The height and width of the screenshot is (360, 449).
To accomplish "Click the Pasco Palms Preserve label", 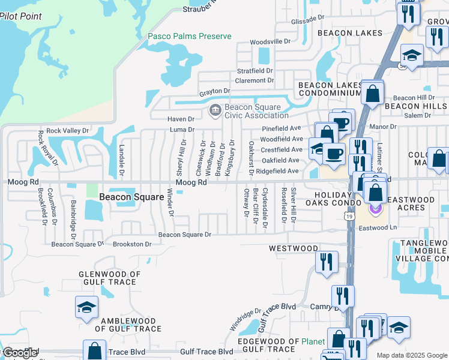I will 190,36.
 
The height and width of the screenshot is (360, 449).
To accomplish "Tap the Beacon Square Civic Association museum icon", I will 214,110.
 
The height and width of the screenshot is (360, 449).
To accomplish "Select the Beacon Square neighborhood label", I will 131,197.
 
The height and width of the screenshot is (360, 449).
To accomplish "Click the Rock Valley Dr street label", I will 67,130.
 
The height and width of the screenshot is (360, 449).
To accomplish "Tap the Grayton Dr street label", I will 215,92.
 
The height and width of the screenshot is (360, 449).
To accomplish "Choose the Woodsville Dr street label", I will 270,42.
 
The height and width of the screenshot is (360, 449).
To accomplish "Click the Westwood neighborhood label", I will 294,248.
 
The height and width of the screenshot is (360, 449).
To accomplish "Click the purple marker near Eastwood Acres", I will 376,208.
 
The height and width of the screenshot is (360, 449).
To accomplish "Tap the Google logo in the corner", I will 19,353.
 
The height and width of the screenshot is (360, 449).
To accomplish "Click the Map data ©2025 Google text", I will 411,355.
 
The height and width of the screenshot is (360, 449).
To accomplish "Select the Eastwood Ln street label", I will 378,227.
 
